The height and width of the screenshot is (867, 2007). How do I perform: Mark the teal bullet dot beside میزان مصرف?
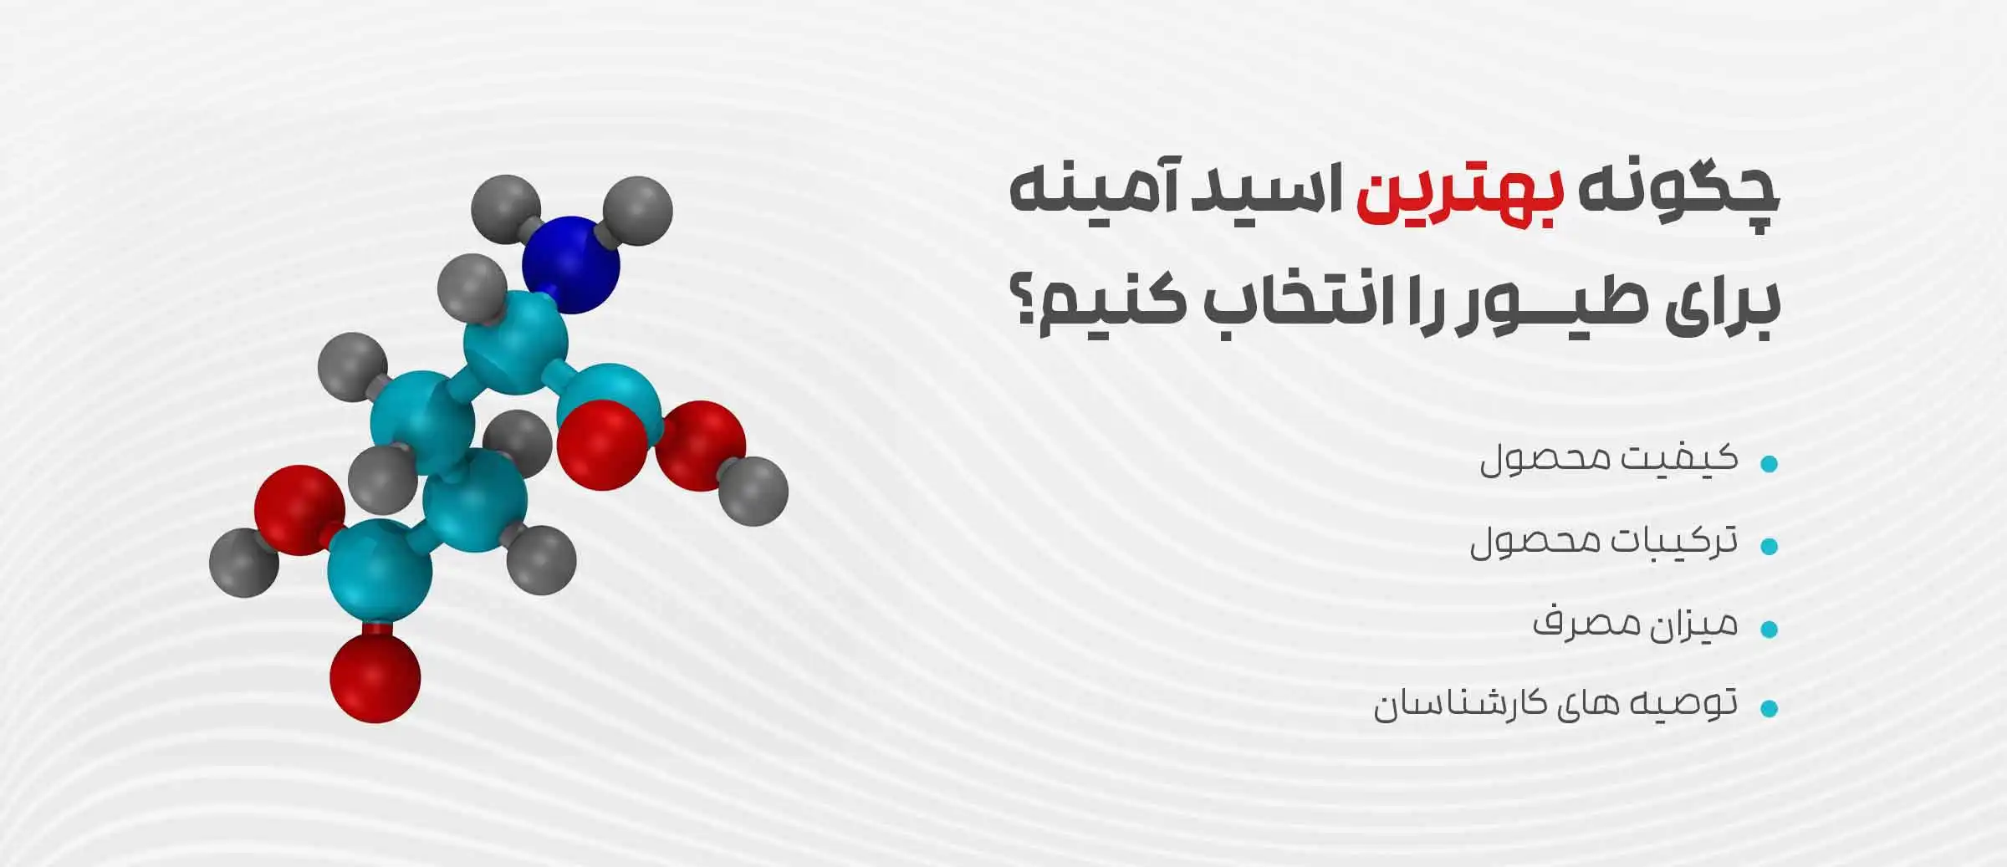(1768, 629)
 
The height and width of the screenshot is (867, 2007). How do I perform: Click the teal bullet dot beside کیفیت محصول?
(1768, 464)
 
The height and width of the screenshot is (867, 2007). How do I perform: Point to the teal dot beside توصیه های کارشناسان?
(1768, 709)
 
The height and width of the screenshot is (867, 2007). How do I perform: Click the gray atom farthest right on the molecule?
(753, 491)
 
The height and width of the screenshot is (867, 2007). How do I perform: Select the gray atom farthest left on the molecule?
(243, 562)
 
